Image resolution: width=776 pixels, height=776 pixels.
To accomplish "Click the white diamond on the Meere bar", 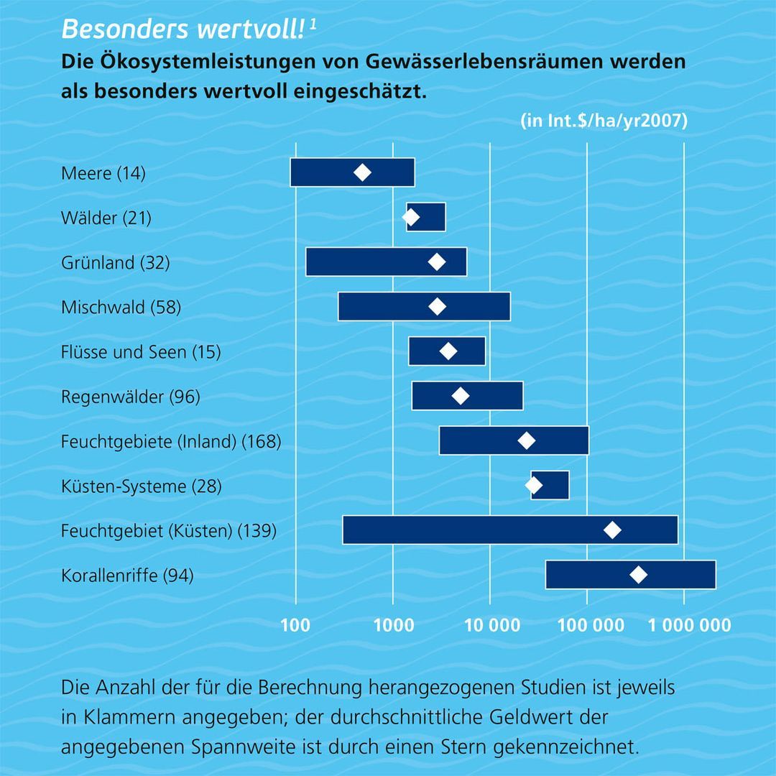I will point(362,172).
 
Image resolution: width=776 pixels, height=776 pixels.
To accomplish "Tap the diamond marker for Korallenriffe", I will point(638,575).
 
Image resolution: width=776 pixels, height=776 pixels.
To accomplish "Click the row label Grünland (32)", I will point(116,262).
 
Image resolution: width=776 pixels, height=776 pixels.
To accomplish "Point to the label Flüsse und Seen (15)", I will point(141,352).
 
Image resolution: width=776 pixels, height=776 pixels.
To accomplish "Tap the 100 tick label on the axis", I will point(295,625).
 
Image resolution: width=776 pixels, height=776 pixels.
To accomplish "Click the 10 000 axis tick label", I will point(490,625).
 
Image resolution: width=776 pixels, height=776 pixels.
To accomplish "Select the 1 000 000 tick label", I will point(689,625).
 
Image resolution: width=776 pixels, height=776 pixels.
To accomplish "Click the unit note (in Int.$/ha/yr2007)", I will point(604,121).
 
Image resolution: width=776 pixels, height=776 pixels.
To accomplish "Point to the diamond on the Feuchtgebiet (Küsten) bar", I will point(612,530).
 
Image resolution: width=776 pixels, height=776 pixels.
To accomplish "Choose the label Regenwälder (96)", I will point(131,397).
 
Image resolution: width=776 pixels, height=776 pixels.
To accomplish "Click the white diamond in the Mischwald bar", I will point(437,308).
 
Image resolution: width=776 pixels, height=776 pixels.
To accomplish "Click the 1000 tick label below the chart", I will point(393,625).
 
